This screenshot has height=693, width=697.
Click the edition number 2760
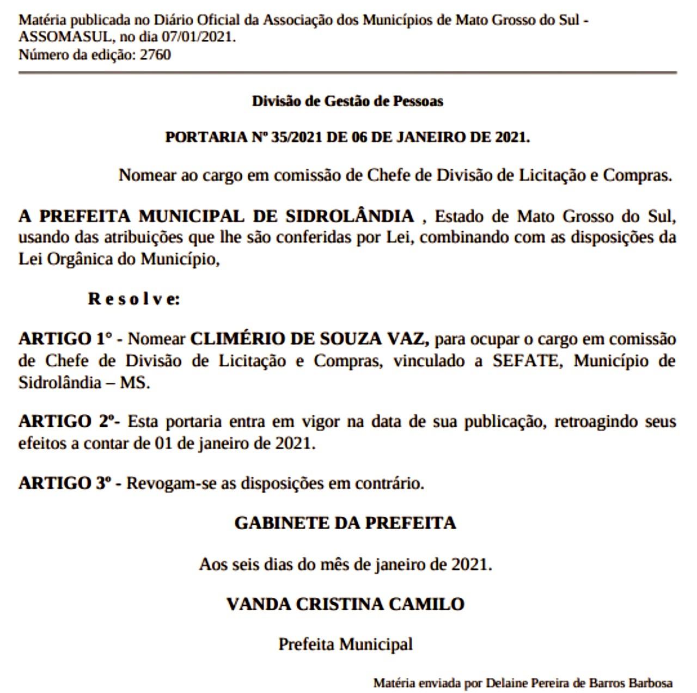155,55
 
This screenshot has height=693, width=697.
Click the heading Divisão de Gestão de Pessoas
347,101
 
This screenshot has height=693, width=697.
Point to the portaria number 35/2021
297,137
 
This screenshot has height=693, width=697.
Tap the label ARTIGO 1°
65,339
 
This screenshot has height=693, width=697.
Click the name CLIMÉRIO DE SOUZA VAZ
309,339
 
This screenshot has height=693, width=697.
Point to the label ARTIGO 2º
68,421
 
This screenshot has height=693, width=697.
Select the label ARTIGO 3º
65,483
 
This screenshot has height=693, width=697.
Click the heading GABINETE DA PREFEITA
345,523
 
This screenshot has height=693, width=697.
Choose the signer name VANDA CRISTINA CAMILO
345,604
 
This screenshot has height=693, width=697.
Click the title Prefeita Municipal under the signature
345,644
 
